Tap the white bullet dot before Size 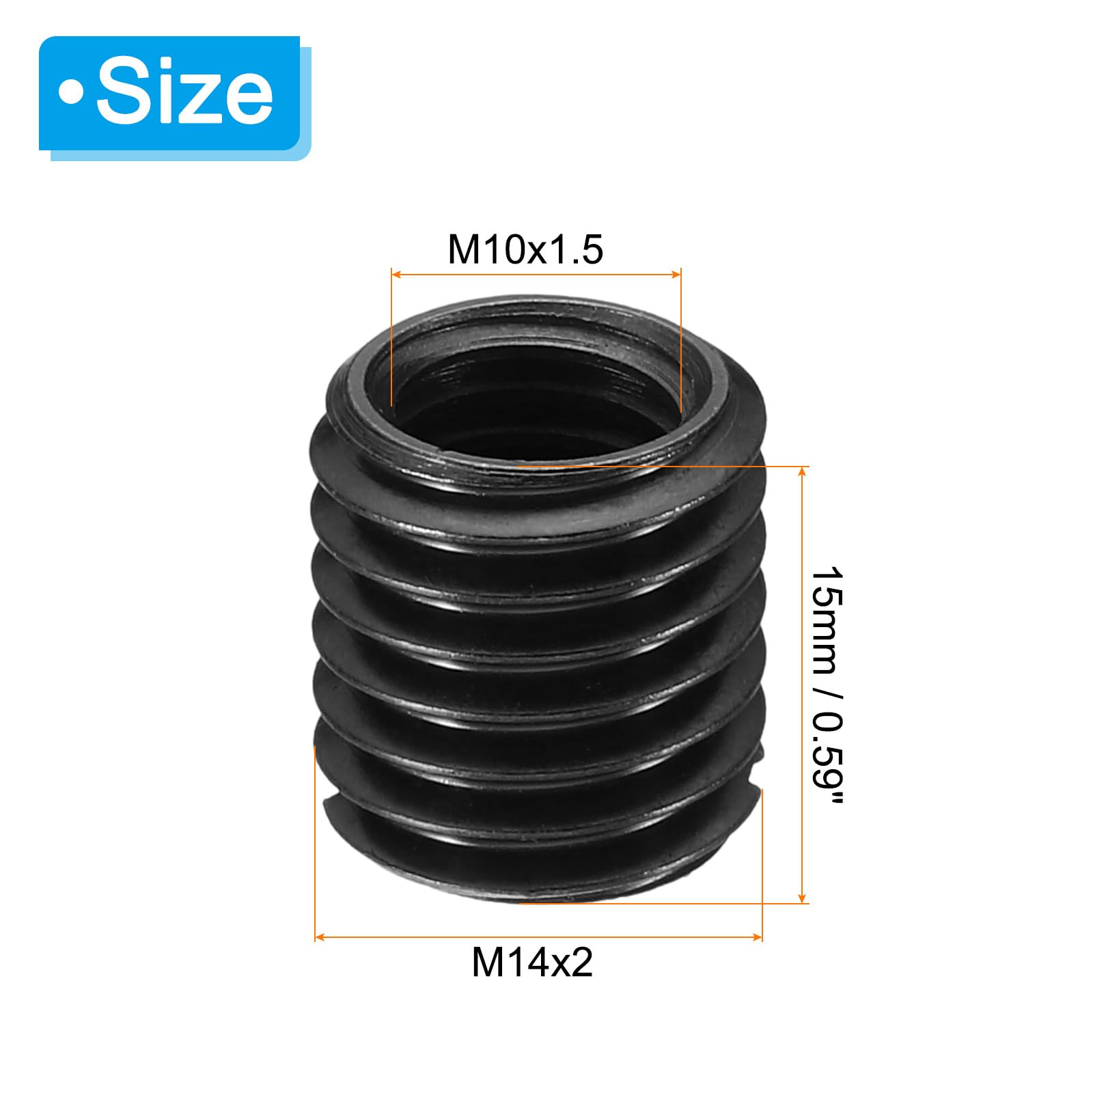tap(72, 94)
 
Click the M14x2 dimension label tap(532, 963)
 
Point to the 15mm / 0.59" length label tap(828, 685)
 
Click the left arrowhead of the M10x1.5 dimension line tap(396, 275)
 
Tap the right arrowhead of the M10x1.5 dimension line tap(676, 275)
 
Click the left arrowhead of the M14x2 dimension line tap(320, 937)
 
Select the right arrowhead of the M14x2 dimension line tap(756, 937)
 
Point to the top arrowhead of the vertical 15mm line tap(803, 472)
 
